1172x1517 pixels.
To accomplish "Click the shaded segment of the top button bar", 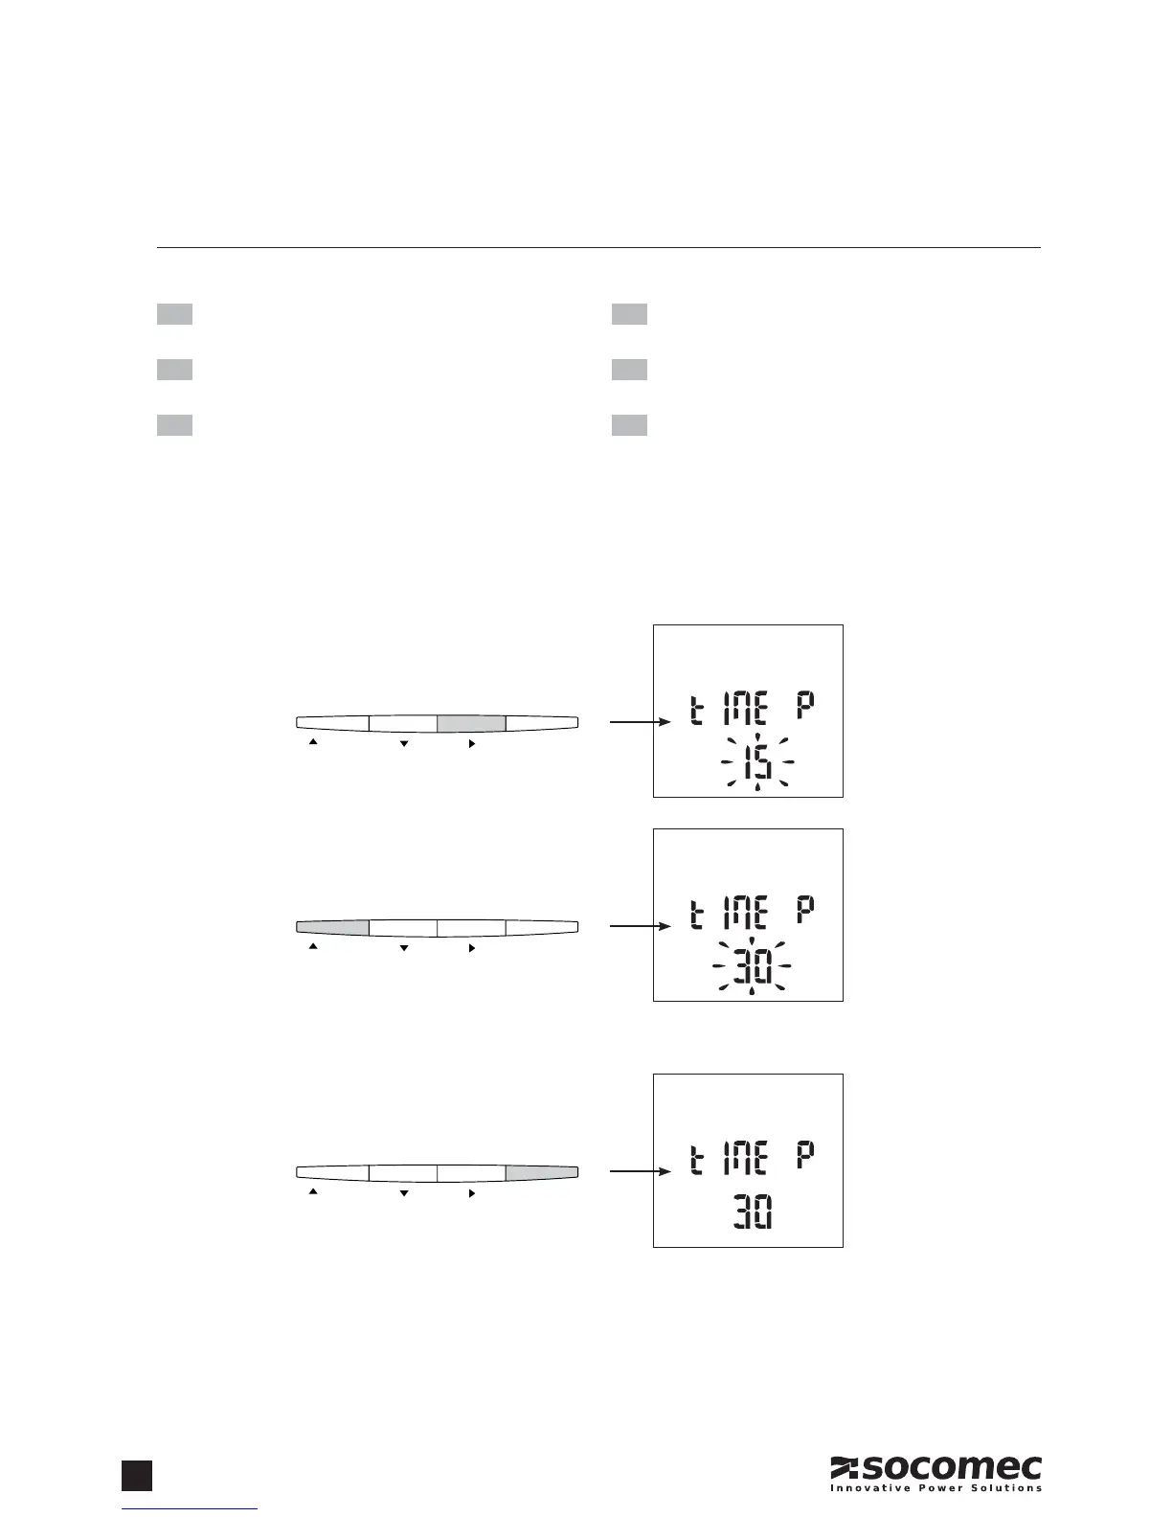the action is click(x=471, y=723).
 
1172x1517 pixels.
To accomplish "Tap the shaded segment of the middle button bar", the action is click(x=333, y=927).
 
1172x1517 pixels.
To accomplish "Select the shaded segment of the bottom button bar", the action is click(x=542, y=1171).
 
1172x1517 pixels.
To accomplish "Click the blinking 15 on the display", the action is click(x=756, y=763).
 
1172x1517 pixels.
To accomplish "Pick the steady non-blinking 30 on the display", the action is click(x=753, y=1212).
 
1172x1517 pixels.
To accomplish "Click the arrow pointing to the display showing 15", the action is click(x=637, y=723).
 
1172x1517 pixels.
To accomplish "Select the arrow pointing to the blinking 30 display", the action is click(x=637, y=927).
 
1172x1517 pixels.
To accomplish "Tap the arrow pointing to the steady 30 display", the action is click(x=637, y=1171).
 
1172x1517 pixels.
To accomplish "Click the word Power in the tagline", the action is click(x=943, y=1487).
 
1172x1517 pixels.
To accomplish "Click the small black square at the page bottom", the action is click(x=137, y=1475).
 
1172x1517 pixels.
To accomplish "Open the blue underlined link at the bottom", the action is click(x=192, y=1509).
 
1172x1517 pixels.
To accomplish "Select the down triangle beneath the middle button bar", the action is click(x=404, y=947).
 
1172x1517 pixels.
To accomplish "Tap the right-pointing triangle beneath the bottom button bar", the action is click(x=471, y=1191).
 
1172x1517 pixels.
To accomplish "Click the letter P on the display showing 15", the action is click(x=805, y=711).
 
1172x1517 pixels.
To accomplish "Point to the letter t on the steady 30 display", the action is click(x=698, y=1160).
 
